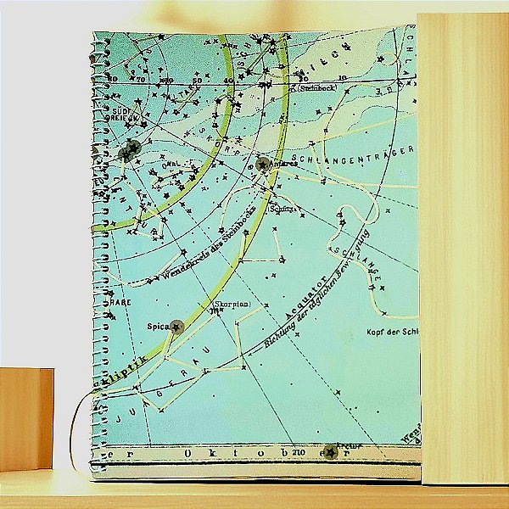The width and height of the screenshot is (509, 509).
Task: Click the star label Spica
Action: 158,326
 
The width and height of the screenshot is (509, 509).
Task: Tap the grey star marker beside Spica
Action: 177,327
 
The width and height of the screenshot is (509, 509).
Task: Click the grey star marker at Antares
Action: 264,164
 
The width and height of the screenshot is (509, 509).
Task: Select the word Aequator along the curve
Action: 307,299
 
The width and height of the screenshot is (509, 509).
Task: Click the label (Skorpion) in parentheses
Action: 231,303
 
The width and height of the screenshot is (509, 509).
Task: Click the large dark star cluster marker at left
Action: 129,151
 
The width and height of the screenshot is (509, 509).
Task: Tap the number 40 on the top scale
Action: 227,81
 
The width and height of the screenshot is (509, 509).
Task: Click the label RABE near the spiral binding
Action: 119,300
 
